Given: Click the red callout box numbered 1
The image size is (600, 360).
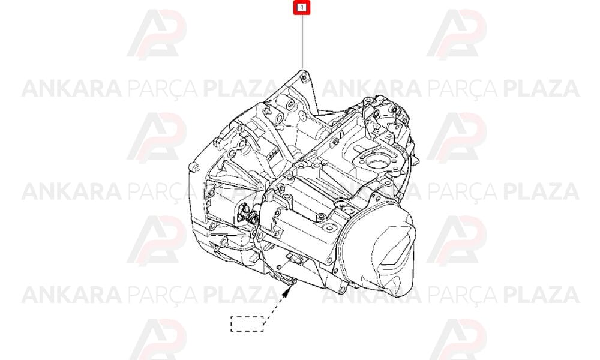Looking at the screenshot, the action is [302, 8].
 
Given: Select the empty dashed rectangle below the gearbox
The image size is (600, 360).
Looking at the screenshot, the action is [247, 323].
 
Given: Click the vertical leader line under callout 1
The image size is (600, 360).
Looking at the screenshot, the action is [302, 42].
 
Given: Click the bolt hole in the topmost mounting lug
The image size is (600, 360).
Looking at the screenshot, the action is [304, 79].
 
